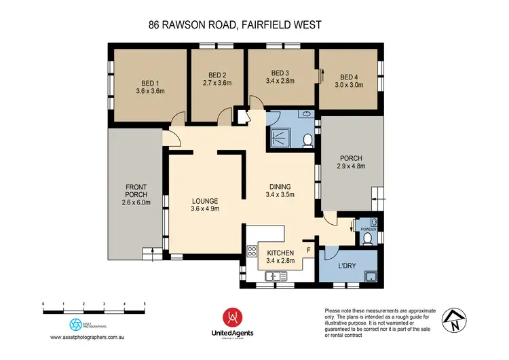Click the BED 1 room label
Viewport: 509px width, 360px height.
[150, 84]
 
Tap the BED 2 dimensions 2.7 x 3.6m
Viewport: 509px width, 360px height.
[217, 83]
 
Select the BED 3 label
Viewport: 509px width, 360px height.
[280, 73]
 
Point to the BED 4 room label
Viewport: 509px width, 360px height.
[349, 77]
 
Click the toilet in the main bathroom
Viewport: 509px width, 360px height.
[307, 141]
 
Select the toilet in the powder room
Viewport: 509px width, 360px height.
[367, 239]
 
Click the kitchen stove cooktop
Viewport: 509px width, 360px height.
[252, 251]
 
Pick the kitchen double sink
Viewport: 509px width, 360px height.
[276, 276]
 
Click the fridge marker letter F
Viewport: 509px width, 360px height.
[309, 250]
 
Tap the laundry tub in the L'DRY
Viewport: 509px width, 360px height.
[371, 276]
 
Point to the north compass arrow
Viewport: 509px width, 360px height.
[454, 320]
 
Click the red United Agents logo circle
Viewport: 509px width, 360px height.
[232, 317]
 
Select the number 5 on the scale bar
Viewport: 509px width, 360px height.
[145, 304]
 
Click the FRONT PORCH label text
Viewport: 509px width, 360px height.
[136, 191]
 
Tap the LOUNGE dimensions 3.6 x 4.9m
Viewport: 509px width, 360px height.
[205, 209]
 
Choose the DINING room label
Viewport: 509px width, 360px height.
[280, 187]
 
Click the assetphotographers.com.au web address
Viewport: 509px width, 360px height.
[87, 338]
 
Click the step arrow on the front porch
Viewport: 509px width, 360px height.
[153, 255]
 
